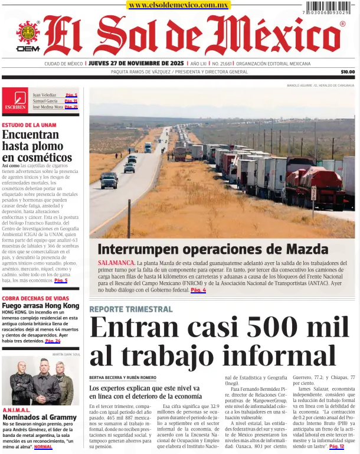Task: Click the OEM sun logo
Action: (x=27, y=34)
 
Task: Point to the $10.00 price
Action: (x=348, y=72)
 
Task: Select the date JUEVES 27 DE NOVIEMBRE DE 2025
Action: (x=136, y=63)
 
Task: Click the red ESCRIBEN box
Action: (x=15, y=100)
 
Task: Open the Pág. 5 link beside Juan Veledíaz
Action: (x=71, y=94)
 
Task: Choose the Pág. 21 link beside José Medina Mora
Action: (x=71, y=107)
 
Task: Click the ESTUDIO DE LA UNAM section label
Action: (x=29, y=125)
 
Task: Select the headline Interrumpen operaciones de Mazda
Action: (x=212, y=248)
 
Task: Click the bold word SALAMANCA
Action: (x=116, y=261)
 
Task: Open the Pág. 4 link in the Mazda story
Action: (x=198, y=290)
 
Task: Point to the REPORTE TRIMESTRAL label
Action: (x=131, y=309)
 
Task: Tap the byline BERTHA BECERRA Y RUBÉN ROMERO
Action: (x=123, y=377)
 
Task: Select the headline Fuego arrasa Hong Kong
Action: (x=40, y=306)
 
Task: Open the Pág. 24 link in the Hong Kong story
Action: (x=53, y=341)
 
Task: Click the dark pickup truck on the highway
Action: (x=109, y=180)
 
